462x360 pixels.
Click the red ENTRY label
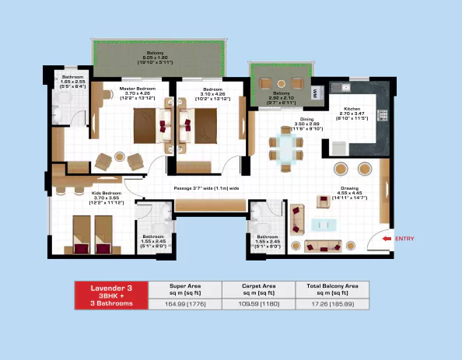click(x=408, y=238)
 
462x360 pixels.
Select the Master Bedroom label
click(x=138, y=93)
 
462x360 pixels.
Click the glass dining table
click(x=286, y=147)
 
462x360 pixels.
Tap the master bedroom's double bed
click(x=146, y=125)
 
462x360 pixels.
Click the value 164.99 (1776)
click(x=184, y=304)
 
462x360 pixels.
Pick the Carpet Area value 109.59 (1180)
click(x=257, y=304)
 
